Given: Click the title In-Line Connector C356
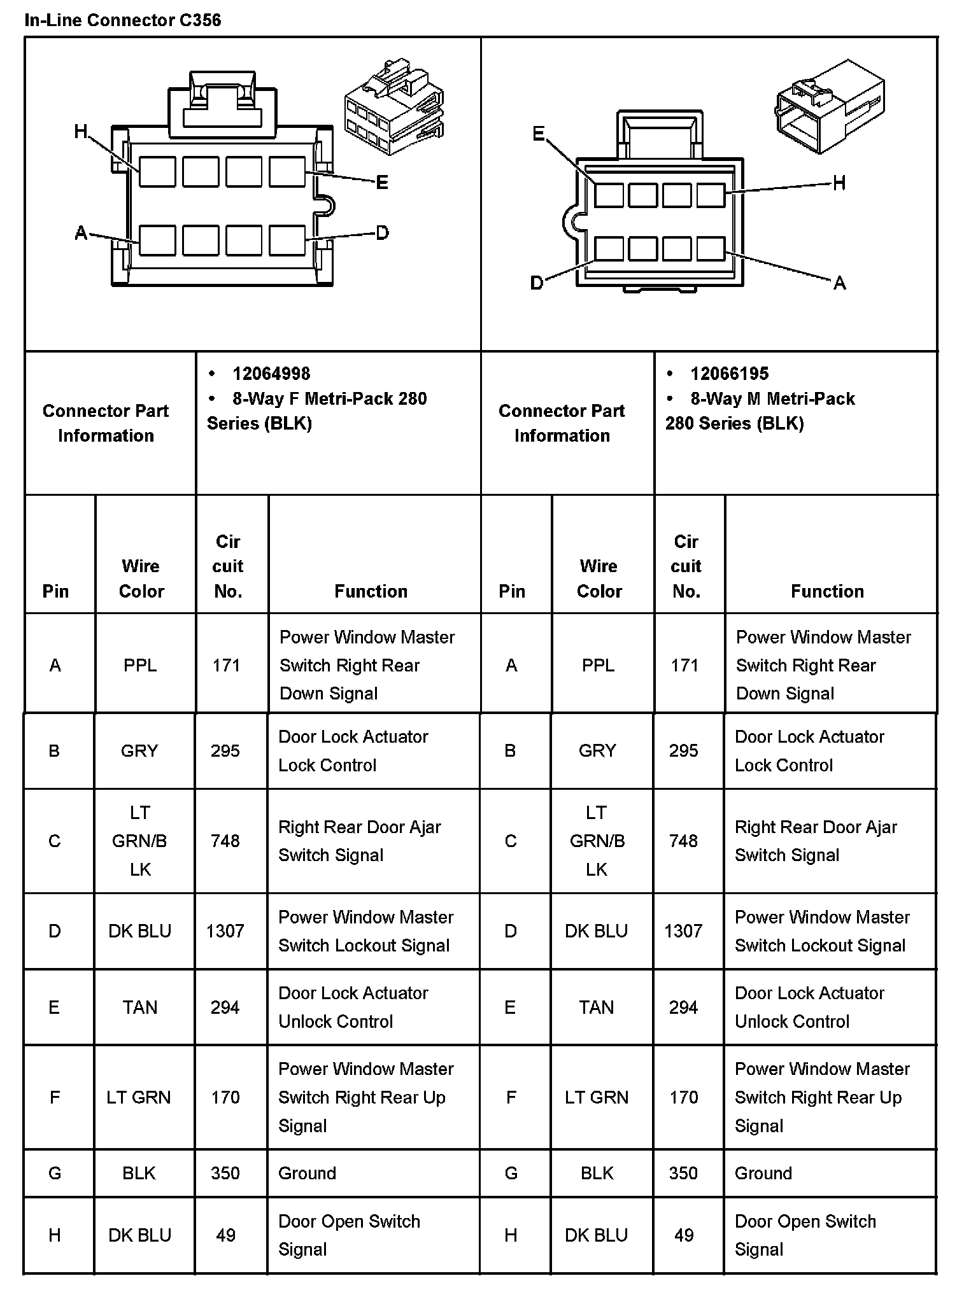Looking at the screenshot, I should (x=123, y=20).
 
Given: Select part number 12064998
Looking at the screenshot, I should (x=271, y=374).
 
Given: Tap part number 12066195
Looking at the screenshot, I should (x=729, y=374).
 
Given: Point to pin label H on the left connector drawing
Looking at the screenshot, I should (x=81, y=132).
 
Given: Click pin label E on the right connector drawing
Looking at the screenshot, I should (x=539, y=134).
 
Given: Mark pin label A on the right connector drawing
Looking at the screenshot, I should (x=840, y=283).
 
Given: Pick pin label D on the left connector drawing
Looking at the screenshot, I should (x=382, y=233).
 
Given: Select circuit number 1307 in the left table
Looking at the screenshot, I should (x=225, y=931).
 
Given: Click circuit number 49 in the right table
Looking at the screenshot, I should (x=684, y=1235).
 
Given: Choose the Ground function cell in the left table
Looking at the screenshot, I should (x=307, y=1173).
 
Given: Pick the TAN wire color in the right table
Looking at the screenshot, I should (x=597, y=1007).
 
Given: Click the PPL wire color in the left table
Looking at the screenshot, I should (x=140, y=665).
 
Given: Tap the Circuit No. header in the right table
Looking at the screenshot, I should (x=686, y=566).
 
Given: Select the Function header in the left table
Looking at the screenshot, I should (x=371, y=591).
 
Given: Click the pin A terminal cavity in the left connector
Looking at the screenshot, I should (x=157, y=241).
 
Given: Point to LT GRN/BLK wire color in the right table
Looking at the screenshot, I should (x=597, y=841).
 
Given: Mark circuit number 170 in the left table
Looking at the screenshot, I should (x=225, y=1097).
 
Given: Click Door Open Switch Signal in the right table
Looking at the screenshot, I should (x=805, y=1235).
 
